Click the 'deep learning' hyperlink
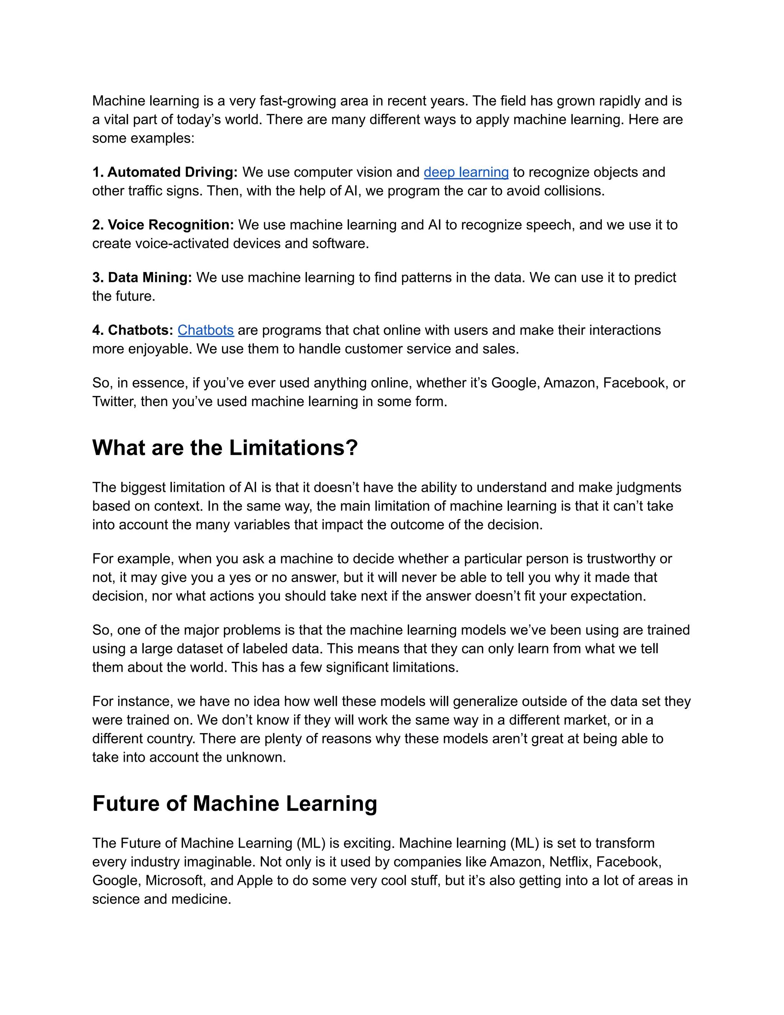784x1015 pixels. point(466,172)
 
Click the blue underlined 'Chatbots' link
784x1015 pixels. point(205,331)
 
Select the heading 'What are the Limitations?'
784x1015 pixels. point(225,448)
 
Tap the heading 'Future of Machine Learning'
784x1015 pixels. point(235,804)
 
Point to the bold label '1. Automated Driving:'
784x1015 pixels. point(165,172)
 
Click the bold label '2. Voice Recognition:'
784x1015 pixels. point(163,225)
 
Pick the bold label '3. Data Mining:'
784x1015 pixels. point(142,277)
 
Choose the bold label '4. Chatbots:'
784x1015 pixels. point(133,331)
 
